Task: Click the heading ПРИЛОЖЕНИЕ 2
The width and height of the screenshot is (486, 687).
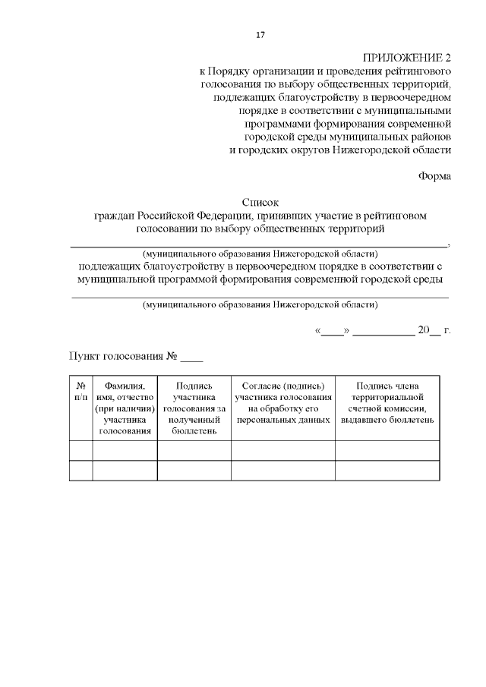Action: (407, 58)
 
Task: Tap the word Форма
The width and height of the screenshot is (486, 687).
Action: (434, 176)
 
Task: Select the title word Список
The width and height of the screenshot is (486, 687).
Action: (260, 203)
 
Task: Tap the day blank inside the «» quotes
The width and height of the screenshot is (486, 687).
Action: (332, 331)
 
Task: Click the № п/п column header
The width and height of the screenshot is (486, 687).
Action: (80, 392)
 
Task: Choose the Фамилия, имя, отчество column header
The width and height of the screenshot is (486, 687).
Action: (125, 408)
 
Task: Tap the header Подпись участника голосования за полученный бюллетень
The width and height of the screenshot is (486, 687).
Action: (194, 408)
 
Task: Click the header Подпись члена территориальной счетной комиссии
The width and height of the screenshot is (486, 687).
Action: (387, 402)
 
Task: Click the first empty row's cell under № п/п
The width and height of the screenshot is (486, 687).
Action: (80, 450)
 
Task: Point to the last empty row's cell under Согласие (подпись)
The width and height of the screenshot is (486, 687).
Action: (282, 471)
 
